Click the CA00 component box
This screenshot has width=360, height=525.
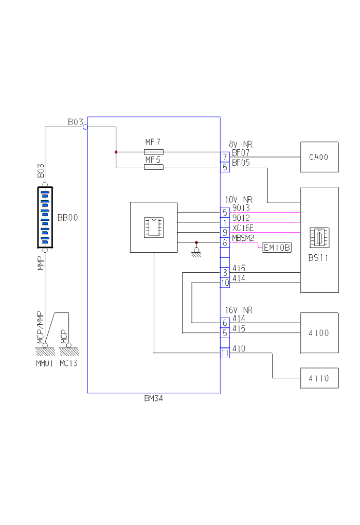tap(319, 157)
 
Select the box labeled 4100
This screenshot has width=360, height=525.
tap(319, 333)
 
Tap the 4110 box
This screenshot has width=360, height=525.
tap(319, 378)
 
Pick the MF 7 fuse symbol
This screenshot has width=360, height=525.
tap(154, 152)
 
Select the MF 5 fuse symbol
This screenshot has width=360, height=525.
tap(154, 167)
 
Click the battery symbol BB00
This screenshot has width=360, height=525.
tap(45, 217)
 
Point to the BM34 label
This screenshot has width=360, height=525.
tap(154, 398)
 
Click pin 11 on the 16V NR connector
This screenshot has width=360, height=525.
tap(225, 353)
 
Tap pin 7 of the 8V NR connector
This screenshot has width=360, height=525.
tap(225, 156)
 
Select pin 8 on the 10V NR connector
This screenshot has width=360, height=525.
tap(225, 242)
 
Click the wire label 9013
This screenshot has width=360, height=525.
tap(241, 208)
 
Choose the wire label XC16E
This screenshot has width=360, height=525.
tap(243, 227)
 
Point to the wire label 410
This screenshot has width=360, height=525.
tap(239, 348)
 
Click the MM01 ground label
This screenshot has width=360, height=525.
tap(45, 363)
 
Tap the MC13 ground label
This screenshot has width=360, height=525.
tap(68, 363)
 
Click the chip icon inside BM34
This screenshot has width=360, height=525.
tap(154, 227)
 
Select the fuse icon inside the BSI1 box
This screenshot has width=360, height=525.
tap(319, 238)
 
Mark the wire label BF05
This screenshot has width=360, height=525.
tap(240, 163)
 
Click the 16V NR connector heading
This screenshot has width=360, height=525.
tap(239, 311)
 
